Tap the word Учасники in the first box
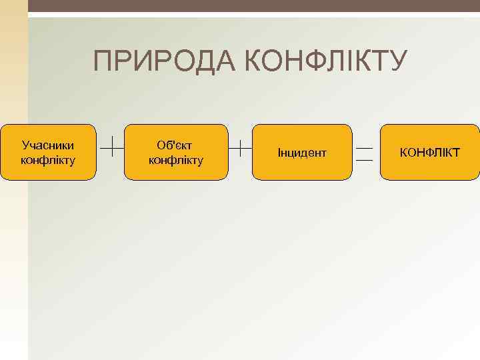pyautogui.click(x=48, y=145)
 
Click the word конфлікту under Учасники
pyautogui.click(x=48, y=160)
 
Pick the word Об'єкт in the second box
pyautogui.click(x=175, y=145)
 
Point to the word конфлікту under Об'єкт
pyautogui.click(x=175, y=160)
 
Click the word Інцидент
pyautogui.click(x=302, y=153)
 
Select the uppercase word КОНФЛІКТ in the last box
pyautogui.click(x=429, y=153)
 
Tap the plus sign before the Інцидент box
pyautogui.click(x=239, y=145)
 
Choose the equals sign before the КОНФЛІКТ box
pyautogui.click(x=365, y=153)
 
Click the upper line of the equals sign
pyautogui.click(x=365, y=147)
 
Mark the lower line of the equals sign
pyautogui.click(x=365, y=160)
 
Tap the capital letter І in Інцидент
pyautogui.click(x=279, y=153)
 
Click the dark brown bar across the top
pyautogui.click(x=253, y=6)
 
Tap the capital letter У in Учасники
pyautogui.click(x=25, y=145)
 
